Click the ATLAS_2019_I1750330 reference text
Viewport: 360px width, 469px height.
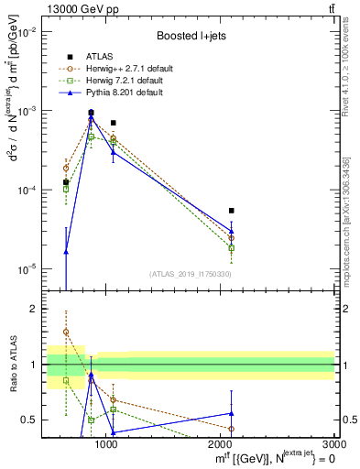190,274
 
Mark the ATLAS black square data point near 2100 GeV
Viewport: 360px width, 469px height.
232,210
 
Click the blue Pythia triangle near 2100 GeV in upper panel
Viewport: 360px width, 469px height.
232,231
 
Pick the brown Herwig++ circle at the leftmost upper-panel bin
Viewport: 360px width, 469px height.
66,168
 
